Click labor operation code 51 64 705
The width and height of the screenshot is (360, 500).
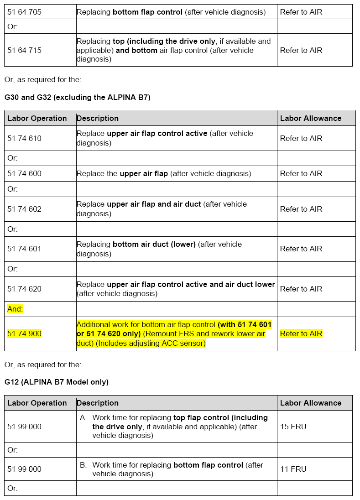click(x=24, y=12)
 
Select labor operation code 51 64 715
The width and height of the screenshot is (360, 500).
click(x=24, y=50)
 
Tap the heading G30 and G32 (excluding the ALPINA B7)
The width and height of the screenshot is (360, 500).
click(x=77, y=97)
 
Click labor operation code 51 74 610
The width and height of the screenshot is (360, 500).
click(x=24, y=138)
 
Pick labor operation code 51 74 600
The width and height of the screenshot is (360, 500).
click(x=24, y=173)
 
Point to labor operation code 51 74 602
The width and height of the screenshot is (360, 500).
click(x=24, y=209)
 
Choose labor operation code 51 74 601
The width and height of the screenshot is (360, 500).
click(x=24, y=249)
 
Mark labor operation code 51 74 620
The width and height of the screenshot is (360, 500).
click(x=24, y=289)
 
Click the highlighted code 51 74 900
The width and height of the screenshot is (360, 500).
click(x=24, y=333)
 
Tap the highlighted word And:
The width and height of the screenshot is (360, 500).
click(x=15, y=309)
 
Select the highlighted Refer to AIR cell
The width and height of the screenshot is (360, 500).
click(x=301, y=333)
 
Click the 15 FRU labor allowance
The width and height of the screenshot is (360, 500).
click(x=293, y=427)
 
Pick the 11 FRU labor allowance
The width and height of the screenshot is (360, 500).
click(x=293, y=469)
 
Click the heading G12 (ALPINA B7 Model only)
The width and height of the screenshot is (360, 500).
click(x=57, y=382)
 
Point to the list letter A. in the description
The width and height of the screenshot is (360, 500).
click(x=83, y=417)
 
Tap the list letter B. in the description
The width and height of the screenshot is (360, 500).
click(x=83, y=465)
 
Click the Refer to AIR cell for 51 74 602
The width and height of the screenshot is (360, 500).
click(x=301, y=209)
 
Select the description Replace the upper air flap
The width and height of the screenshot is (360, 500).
click(x=163, y=173)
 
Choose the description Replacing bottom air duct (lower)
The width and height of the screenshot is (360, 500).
click(x=159, y=249)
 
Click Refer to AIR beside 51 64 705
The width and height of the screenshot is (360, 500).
click(x=301, y=12)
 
